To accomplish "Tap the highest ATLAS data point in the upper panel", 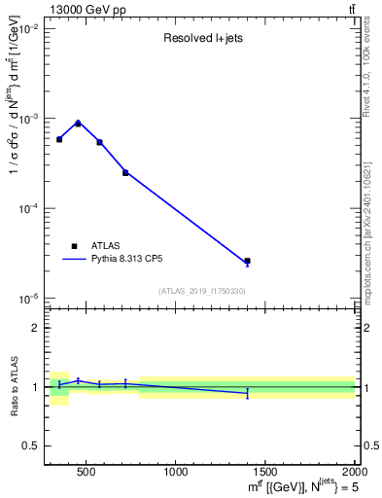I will pos(78,124).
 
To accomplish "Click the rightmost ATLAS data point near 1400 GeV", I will pos(247,261).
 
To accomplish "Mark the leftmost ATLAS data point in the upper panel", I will pos(59,139).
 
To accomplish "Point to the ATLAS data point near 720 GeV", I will pos(125,172).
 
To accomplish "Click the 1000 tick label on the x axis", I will pos(176,473).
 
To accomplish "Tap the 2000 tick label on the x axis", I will pos(354,473).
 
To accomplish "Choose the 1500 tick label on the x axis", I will pos(265,473).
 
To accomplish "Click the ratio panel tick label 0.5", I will pos(32,445).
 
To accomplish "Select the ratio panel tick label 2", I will pos(37,328).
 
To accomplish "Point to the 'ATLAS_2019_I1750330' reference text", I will pos(202,291).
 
